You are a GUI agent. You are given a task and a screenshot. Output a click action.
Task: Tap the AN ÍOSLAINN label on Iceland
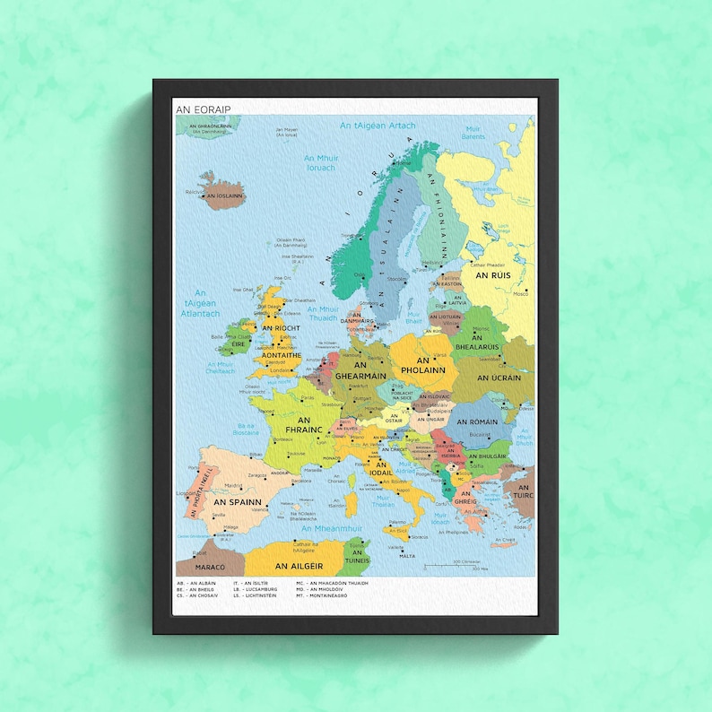click(224, 195)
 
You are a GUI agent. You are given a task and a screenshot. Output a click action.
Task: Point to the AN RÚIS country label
click(493, 276)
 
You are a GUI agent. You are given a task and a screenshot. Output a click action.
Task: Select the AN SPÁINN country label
click(237, 501)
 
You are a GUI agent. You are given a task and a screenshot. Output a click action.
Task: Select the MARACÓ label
click(198, 567)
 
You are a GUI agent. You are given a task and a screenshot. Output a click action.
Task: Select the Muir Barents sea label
click(473, 134)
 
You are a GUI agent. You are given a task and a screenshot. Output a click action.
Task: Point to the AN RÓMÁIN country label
click(477, 421)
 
